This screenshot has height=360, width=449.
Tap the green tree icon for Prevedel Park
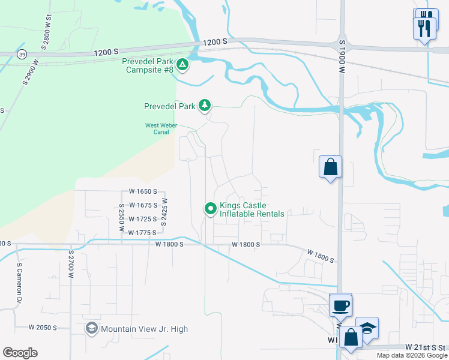pos(205,106)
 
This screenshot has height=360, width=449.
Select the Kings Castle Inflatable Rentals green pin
pos(211,209)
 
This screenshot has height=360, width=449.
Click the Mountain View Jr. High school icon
pos(91,328)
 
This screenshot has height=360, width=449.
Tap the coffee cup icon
pos(341,305)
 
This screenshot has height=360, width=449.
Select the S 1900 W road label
pos(342,57)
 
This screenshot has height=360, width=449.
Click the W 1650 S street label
pos(142,191)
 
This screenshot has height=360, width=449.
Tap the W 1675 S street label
pos(142,205)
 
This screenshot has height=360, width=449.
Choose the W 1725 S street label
pos(142,219)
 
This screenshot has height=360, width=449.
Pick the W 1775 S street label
pos(142,232)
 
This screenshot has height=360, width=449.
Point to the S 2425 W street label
pos(164,213)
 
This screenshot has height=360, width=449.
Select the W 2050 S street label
pos(43,328)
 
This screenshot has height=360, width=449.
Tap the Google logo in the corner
pos(20,352)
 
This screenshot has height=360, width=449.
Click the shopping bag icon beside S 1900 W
pos(330,167)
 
